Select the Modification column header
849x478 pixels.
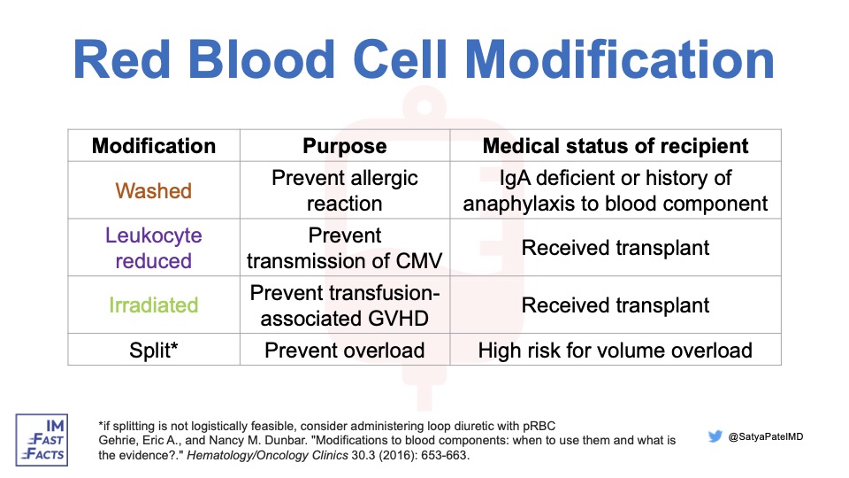(154, 146)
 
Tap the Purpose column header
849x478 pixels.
(344, 146)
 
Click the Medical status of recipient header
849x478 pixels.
(616, 146)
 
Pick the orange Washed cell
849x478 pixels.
(154, 190)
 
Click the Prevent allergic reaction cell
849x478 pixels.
(344, 190)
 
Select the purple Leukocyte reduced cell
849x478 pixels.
(154, 248)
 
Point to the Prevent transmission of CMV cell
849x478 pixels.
(344, 248)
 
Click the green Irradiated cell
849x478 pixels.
(154, 305)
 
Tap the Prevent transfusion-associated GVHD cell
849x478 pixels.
(344, 305)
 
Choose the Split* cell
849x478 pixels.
(154, 350)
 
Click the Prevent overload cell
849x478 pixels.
(344, 350)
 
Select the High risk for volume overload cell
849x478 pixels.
(616, 350)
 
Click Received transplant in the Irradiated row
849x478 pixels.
(616, 305)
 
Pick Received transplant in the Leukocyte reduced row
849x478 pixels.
(616, 248)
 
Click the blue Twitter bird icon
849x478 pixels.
(715, 436)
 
